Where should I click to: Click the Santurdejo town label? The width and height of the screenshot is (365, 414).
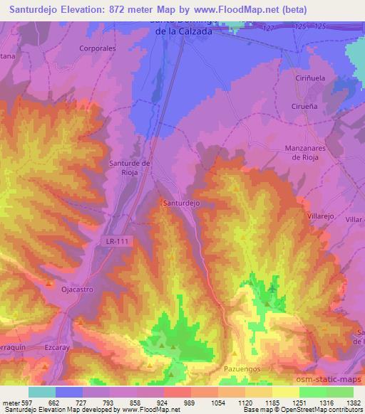coord(180,203)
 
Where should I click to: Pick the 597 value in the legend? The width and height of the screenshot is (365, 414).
coord(23,401)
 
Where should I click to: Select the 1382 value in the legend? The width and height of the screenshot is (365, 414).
coord(353,401)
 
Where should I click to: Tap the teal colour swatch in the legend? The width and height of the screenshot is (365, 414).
coord(41,392)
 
